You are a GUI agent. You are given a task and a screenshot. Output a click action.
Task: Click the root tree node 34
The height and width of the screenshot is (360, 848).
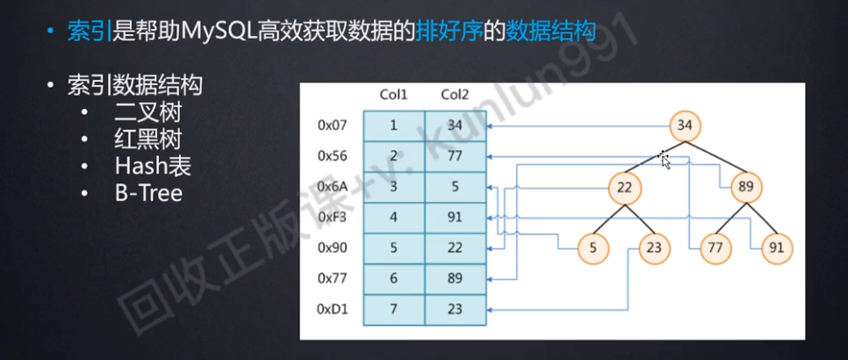[x=686, y=126]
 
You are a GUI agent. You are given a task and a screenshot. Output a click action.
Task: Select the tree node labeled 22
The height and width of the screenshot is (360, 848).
[x=624, y=187]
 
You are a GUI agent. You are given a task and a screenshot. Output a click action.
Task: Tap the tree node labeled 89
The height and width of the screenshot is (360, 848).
[x=746, y=187]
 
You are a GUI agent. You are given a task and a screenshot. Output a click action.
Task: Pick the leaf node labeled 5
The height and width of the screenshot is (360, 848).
[x=593, y=248]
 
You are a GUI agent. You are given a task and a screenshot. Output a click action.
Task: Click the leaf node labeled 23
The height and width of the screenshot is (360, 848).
[x=654, y=248]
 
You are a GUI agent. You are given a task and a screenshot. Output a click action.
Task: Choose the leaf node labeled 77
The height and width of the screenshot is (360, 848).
[x=715, y=248]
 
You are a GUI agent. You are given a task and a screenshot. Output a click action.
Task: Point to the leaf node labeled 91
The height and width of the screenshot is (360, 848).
[x=776, y=248]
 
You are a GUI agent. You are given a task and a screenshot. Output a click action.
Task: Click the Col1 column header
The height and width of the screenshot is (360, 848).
[x=392, y=94]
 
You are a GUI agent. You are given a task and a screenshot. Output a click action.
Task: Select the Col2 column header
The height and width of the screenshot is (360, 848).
[x=454, y=94]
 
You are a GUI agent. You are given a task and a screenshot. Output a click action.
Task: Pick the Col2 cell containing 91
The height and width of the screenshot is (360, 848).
[x=454, y=217]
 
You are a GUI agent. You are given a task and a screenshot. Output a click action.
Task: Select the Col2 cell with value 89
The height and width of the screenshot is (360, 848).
[x=454, y=278]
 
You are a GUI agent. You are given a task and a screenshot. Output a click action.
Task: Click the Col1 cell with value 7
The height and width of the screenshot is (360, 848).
[x=392, y=309]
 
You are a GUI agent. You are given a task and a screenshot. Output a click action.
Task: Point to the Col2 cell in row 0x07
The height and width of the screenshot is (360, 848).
[x=454, y=125]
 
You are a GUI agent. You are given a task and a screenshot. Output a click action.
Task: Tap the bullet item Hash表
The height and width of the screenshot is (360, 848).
[x=152, y=166]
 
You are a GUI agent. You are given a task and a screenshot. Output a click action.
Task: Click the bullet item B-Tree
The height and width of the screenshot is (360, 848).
[x=147, y=192]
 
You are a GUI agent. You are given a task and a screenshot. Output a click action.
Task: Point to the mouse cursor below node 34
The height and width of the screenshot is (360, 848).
[x=665, y=161]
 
